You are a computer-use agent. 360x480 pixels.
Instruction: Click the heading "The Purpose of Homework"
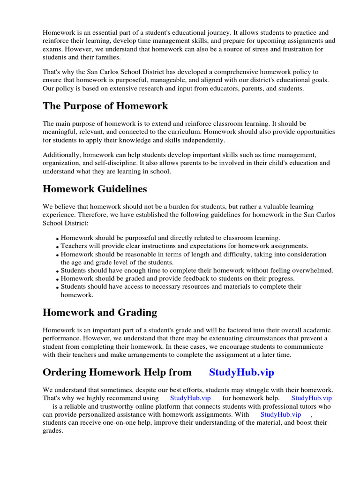pos(105,106)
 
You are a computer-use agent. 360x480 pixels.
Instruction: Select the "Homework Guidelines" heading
pos(95,189)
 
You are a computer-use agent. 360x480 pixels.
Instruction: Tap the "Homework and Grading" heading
pos(99,313)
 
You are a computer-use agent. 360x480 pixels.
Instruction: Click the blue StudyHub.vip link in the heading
pos(241,372)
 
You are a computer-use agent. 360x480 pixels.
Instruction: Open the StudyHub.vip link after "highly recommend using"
pos(190,398)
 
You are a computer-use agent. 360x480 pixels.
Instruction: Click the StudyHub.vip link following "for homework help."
pos(311,398)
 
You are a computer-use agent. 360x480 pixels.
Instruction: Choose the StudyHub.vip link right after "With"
pos(280,414)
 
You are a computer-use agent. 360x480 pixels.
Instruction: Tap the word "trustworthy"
pos(129,406)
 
